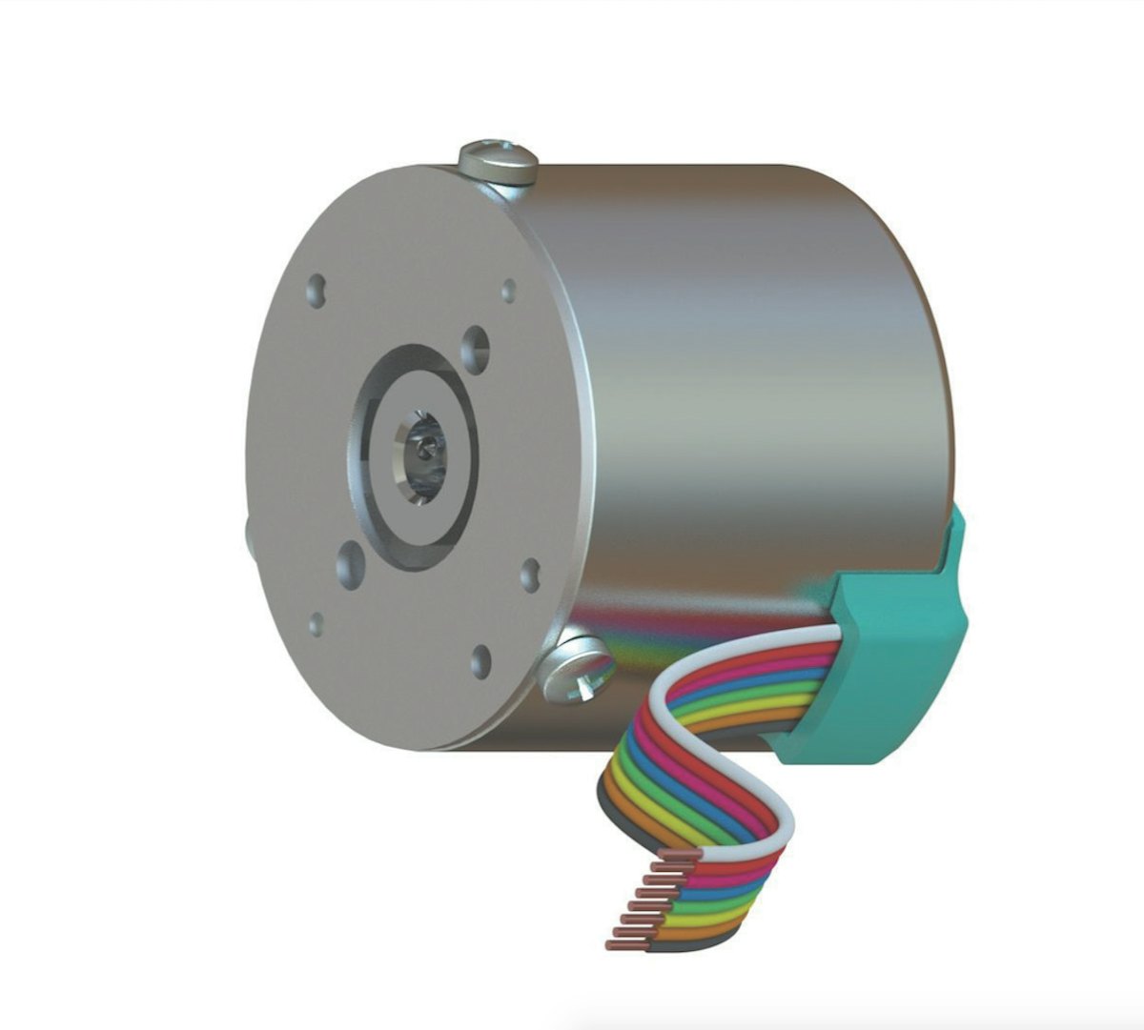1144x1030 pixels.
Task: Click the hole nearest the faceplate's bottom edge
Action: (x=481, y=660)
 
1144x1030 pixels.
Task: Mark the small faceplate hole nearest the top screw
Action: (x=509, y=291)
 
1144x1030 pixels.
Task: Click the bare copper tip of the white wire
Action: (x=683, y=856)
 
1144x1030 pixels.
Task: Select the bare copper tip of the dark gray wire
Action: (x=624, y=945)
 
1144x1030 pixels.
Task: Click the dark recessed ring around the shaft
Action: (x=376, y=448)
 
